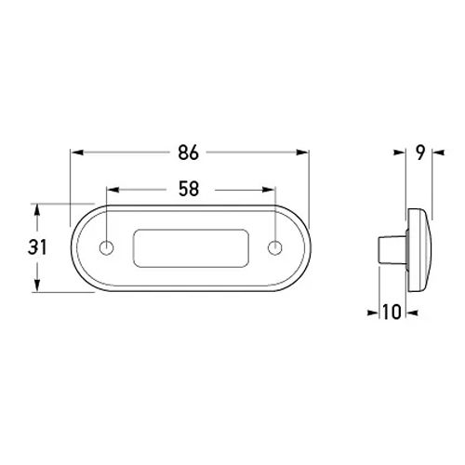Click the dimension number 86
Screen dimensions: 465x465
point(188,153)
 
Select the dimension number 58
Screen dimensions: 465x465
point(189,189)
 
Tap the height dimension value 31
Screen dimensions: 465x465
point(37,247)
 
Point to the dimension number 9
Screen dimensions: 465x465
point(420,153)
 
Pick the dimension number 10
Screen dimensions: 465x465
point(392,312)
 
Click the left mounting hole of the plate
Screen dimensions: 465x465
point(106,247)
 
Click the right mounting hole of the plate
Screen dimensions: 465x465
point(274,247)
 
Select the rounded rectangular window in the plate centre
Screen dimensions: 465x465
point(191,248)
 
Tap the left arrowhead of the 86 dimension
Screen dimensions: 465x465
point(77,153)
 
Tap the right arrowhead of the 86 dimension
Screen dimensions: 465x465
point(302,153)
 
